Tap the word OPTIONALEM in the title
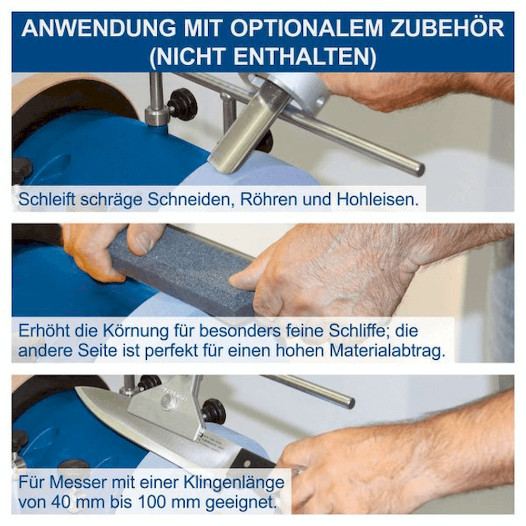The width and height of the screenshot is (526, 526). click(x=306, y=28)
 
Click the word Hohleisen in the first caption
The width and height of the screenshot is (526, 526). click(x=378, y=199)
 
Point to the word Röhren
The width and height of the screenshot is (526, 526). click(x=269, y=199)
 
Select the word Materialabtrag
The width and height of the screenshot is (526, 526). click(x=388, y=351)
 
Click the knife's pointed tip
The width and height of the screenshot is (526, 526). click(x=76, y=388)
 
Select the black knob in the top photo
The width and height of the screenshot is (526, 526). click(x=181, y=105)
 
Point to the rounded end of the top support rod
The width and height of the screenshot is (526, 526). click(x=419, y=169)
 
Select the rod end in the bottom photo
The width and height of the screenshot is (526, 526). click(x=349, y=402)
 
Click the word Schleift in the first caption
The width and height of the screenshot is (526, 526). click(x=47, y=199)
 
